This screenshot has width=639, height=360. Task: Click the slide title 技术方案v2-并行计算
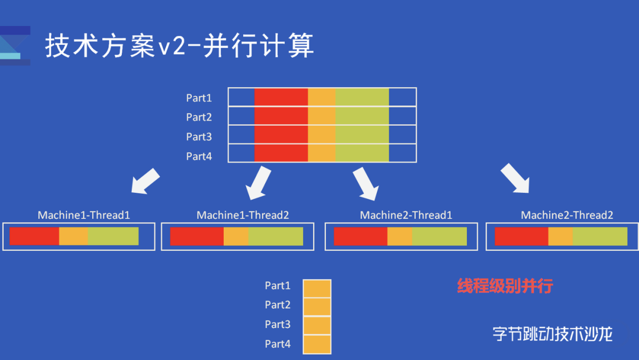pyautogui.click(x=179, y=46)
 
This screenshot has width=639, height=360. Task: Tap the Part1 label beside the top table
pyautogui.click(x=199, y=98)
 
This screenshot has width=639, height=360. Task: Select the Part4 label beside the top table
pyautogui.click(x=199, y=156)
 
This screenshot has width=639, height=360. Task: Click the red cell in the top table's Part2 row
pyautogui.click(x=281, y=116)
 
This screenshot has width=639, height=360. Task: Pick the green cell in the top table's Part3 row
pyautogui.click(x=362, y=135)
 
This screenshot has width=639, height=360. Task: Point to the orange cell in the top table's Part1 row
pyautogui.click(x=321, y=97)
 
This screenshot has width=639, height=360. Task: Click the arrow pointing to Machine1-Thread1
pyautogui.click(x=145, y=181)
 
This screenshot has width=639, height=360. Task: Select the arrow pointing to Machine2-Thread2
pyautogui.click(x=515, y=178)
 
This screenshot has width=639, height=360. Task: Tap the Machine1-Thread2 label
pyautogui.click(x=243, y=215)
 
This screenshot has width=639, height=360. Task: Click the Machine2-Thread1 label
pyautogui.click(x=406, y=215)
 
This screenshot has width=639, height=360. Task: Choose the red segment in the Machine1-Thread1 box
pyautogui.click(x=34, y=236)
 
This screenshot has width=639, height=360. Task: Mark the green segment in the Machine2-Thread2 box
pyautogui.click(x=599, y=236)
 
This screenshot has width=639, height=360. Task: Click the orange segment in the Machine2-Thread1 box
pyautogui.click(x=399, y=236)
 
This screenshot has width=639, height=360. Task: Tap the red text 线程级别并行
pyautogui.click(x=505, y=287)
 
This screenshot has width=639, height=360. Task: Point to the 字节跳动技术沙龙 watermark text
pyautogui.click(x=552, y=333)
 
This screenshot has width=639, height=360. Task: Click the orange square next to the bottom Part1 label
pyautogui.click(x=317, y=288)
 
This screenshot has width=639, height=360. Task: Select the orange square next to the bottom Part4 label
pyautogui.click(x=317, y=344)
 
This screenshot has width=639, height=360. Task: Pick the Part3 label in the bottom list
pyautogui.click(x=277, y=324)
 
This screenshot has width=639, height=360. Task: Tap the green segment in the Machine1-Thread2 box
pyautogui.click(x=275, y=236)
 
